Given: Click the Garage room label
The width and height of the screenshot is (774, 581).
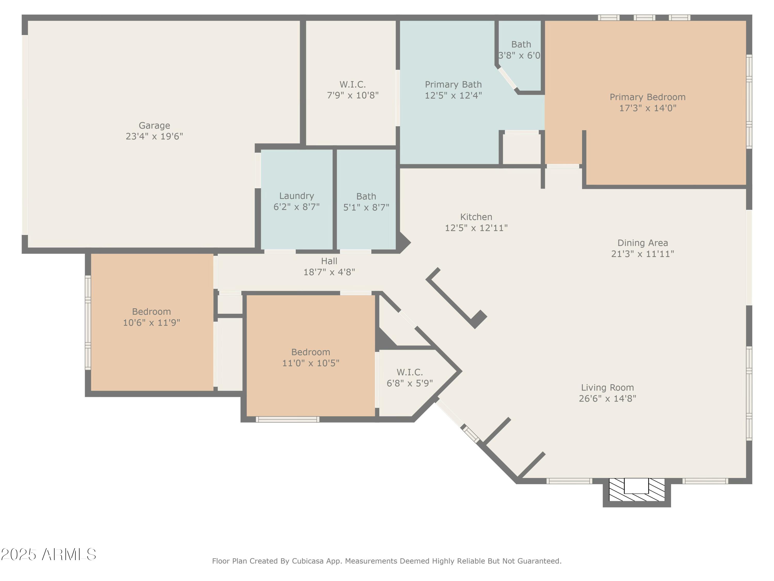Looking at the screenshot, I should point(154,125).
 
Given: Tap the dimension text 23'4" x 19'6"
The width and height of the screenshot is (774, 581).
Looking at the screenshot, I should point(154,136).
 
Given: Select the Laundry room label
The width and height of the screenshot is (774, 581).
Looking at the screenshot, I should point(296,196).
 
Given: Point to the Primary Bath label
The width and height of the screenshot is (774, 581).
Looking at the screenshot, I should point(453,84).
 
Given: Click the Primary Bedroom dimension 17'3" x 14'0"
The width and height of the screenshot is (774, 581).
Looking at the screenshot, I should point(647,108).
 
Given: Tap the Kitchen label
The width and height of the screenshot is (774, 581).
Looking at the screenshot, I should point(476,217).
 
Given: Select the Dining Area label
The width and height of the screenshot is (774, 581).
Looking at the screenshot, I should point(642,243).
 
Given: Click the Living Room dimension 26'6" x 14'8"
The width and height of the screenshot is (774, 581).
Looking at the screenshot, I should point(607,398).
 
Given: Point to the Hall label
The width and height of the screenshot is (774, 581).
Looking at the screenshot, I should point(329,261).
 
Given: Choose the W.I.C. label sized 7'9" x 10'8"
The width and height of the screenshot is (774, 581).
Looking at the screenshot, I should point(352,84).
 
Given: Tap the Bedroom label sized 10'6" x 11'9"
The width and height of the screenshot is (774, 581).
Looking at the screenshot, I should point(151,311).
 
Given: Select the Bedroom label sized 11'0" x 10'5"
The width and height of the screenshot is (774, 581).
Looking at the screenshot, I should point(310,352).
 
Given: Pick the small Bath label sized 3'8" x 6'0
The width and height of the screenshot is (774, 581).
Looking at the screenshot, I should point(521,44).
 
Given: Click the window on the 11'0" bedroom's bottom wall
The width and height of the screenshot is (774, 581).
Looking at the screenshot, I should point(287,419).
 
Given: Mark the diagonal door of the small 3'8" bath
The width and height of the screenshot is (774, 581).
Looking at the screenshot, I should point(507,78).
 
